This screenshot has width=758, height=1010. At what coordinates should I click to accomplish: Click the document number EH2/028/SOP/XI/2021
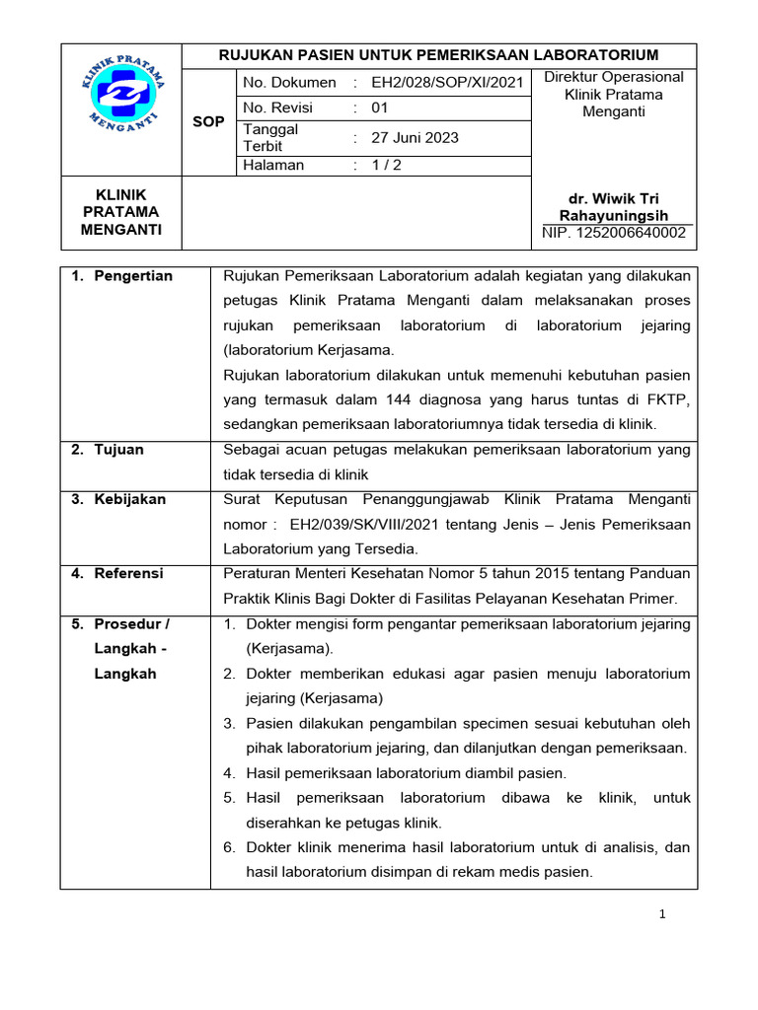pos(446,83)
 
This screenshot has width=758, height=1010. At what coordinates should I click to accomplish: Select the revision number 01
pos(380,108)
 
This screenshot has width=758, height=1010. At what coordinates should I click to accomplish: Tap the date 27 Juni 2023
pos(415,138)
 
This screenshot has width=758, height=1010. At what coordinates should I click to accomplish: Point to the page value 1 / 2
pos(387,166)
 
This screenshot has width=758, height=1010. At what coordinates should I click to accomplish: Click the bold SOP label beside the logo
pos(209,121)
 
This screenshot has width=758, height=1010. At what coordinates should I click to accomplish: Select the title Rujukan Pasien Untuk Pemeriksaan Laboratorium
pos(438,54)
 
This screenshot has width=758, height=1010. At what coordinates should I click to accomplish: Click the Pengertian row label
pos(133,276)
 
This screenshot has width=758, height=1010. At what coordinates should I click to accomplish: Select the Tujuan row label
pos(118,450)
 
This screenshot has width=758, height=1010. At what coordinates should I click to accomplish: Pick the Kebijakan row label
pos(130,499)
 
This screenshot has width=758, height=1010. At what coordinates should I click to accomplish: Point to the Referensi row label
pos(129,573)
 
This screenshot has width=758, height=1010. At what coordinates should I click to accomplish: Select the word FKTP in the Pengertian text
pos(671,399)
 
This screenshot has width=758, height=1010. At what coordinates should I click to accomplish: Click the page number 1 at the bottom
pos(663,914)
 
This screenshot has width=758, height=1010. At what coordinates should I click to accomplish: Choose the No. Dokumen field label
pos(289,83)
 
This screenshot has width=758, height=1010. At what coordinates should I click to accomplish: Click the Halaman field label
pos(273,166)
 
